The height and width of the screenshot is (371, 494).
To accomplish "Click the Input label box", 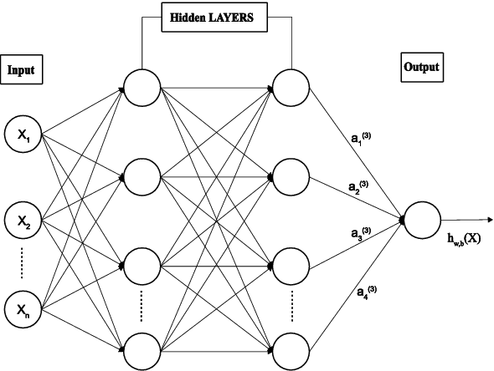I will pos(21,71).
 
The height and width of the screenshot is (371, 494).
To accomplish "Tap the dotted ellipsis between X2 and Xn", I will pos(21,265).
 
